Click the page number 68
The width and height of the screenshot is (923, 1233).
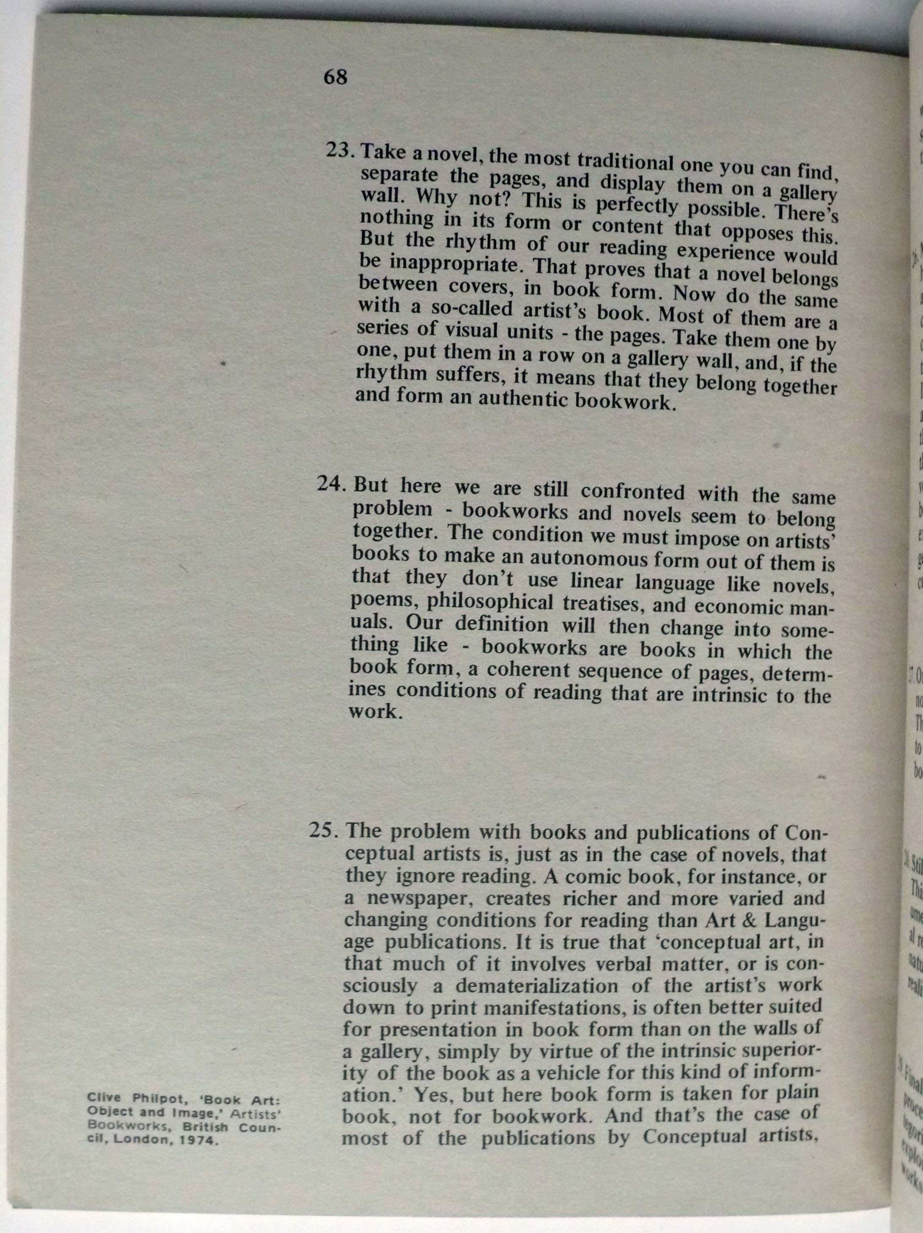[x=335, y=77]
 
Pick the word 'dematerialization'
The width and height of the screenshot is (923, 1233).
[x=536, y=986]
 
